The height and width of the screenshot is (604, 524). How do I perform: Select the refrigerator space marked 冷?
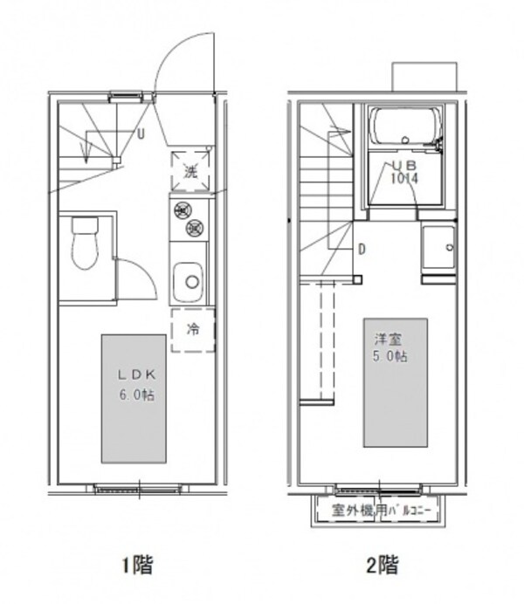191,330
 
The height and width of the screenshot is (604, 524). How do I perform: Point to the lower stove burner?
195,229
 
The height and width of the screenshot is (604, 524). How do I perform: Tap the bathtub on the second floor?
405,128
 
